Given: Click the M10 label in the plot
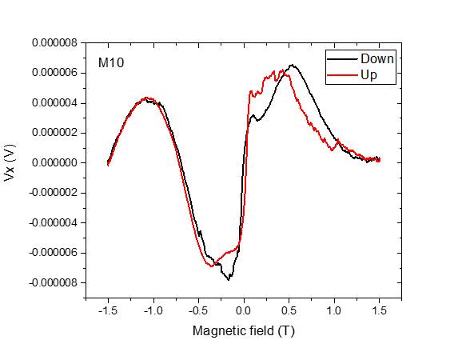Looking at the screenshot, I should [x=110, y=62].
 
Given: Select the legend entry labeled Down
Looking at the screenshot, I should [x=376, y=59].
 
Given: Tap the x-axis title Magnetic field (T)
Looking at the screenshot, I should [x=243, y=330].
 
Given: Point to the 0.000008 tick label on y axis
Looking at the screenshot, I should [x=54, y=43].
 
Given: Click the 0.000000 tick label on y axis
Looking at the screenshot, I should [x=54, y=162].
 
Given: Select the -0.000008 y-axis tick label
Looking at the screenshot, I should [x=52, y=282].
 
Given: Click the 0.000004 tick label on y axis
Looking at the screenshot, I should [x=54, y=103].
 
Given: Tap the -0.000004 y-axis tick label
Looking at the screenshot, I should [x=52, y=222].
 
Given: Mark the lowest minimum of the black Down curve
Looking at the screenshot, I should [x=229, y=279].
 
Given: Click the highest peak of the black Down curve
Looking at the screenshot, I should [x=293, y=66].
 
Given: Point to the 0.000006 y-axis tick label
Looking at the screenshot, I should [x=54, y=73].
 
